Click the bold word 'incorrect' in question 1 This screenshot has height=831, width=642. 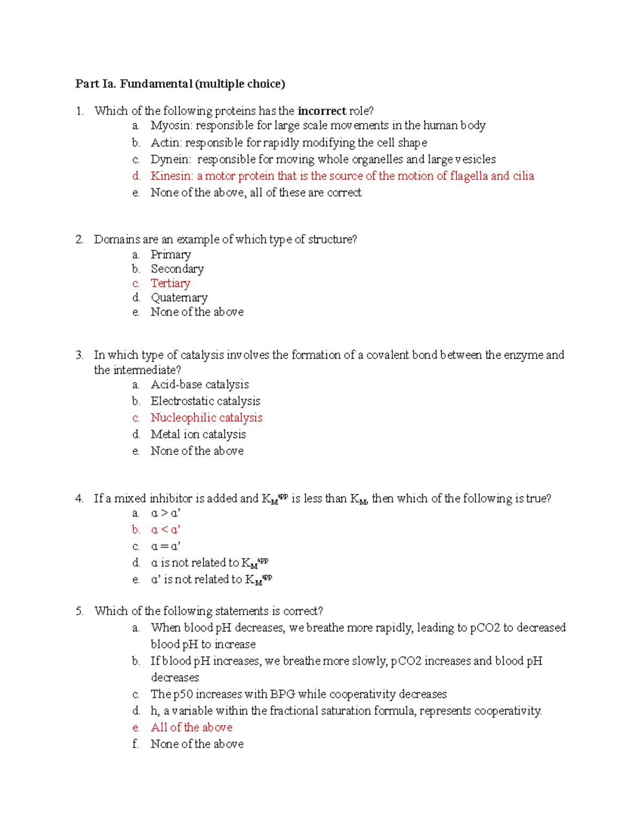(x=322, y=111)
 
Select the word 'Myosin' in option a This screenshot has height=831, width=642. (x=171, y=126)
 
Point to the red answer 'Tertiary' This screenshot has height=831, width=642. (x=170, y=284)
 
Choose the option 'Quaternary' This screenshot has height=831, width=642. (x=179, y=298)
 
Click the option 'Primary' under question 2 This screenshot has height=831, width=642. (x=171, y=255)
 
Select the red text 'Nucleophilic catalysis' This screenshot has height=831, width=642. (x=207, y=418)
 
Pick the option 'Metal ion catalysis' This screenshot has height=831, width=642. (x=198, y=434)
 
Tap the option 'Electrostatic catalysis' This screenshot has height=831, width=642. (x=205, y=401)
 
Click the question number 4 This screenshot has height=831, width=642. (x=79, y=499)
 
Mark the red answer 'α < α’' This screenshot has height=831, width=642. (x=165, y=530)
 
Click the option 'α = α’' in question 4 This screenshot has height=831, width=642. (x=165, y=546)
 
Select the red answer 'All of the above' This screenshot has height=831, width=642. (x=192, y=728)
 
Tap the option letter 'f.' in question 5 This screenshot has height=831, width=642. (x=135, y=744)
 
